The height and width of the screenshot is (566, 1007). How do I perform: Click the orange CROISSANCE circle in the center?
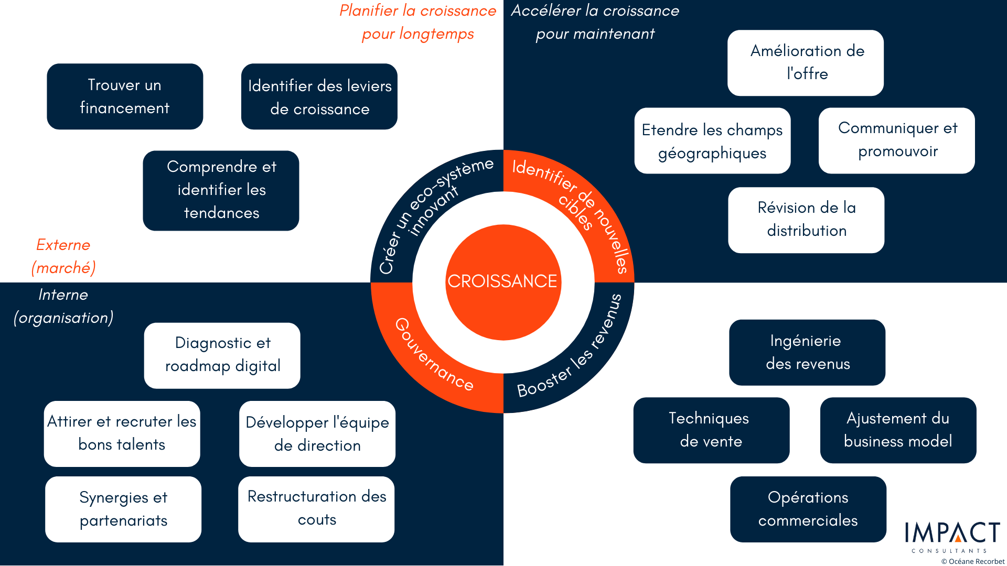pyautogui.click(x=503, y=282)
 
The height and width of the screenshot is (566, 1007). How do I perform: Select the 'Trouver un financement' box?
pyautogui.click(x=125, y=96)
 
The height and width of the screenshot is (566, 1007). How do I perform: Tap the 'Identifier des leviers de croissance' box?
pyautogui.click(x=319, y=96)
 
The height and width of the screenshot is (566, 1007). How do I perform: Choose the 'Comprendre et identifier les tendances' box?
pyautogui.click(x=221, y=190)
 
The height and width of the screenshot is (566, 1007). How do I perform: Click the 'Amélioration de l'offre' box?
pyautogui.click(x=806, y=63)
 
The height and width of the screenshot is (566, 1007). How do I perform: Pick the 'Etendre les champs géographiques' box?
pyautogui.click(x=712, y=140)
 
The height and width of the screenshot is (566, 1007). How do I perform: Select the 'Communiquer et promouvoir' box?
pyautogui.click(x=897, y=140)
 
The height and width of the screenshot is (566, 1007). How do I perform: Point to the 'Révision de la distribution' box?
pyautogui.click(x=806, y=220)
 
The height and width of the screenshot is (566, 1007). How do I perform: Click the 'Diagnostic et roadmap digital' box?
pyautogui.click(x=222, y=355)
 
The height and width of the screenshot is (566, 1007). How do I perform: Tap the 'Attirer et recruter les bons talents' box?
pyautogui.click(x=122, y=434)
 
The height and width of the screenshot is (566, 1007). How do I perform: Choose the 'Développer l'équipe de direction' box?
pyautogui.click(x=317, y=434)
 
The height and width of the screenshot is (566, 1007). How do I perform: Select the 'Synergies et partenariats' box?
pyautogui.click(x=123, y=509)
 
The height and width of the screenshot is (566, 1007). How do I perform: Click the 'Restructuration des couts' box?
pyautogui.click(x=316, y=509)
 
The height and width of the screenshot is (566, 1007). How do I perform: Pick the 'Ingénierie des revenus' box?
pyautogui.click(x=807, y=353)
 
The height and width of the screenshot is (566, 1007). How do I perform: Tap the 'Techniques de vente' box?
pyautogui.click(x=712, y=430)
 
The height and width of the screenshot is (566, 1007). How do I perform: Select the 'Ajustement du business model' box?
pyautogui.click(x=898, y=430)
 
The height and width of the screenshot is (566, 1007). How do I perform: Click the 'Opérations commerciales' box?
pyautogui.click(x=808, y=509)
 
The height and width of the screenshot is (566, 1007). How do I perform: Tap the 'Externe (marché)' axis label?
pyautogui.click(x=63, y=256)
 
